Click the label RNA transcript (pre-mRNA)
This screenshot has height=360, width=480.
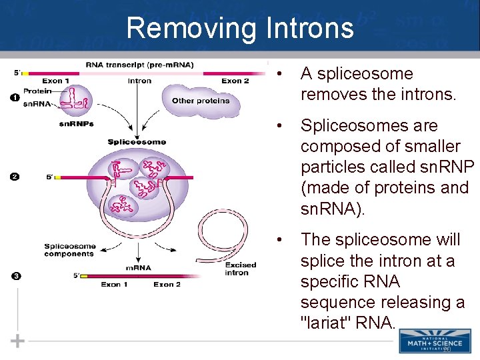coord(139,65)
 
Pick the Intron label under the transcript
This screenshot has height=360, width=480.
coord(139,81)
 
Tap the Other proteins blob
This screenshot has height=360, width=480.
coord(200,101)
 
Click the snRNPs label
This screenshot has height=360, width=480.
coord(76,124)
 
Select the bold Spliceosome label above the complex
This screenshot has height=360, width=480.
coord(137,142)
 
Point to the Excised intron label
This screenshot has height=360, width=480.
coord(240,269)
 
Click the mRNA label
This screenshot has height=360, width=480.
coord(138,268)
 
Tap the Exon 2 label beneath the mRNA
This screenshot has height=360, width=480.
coord(167,285)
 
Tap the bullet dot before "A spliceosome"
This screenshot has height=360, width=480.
coord(283,74)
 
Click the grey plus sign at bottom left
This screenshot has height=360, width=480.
coord(18,341)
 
